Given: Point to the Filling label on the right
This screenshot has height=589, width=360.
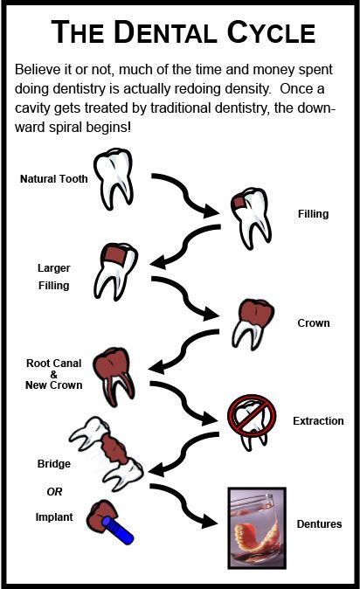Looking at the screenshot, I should pos(313,212).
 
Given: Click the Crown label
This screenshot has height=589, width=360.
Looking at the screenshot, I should pos(313,322).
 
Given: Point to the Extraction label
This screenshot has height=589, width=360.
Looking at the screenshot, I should pos(318,420).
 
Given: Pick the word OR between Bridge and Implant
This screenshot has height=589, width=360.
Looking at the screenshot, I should pos(54,490).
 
